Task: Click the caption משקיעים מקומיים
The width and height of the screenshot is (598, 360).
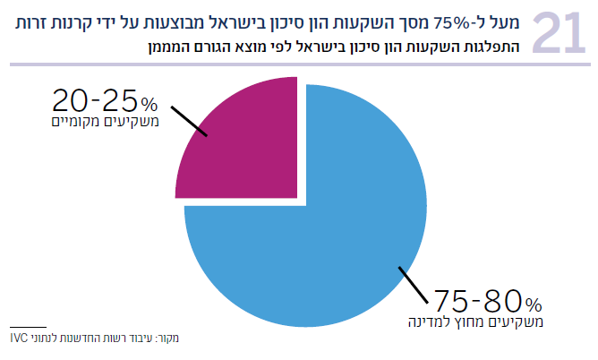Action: [107, 121]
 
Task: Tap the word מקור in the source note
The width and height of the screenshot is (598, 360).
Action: [167, 339]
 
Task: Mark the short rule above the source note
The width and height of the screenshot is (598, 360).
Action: [28, 326]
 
